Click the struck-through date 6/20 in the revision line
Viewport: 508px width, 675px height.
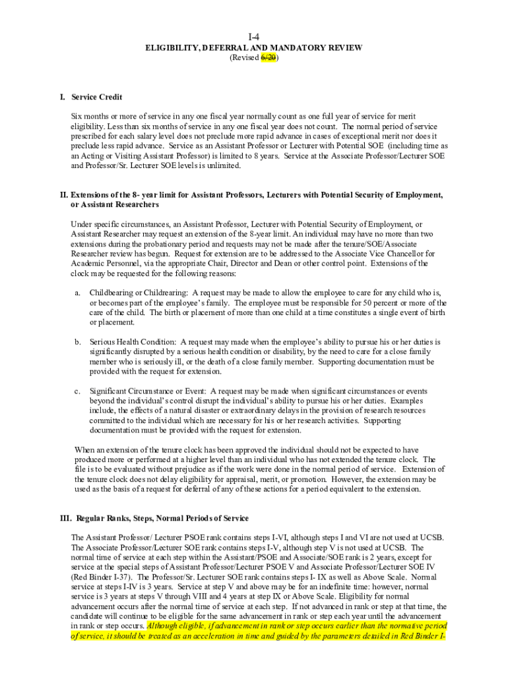pos(268,58)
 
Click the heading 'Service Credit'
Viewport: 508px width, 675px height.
pos(96,97)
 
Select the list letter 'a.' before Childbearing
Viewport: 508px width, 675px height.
pos(78,292)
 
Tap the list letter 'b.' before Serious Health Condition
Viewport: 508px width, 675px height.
pos(78,342)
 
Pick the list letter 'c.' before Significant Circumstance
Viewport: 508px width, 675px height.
pos(78,391)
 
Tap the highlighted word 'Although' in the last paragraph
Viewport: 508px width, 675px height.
pos(163,626)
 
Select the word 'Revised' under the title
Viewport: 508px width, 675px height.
pos(243,58)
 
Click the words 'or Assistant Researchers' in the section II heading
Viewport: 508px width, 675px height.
pos(115,205)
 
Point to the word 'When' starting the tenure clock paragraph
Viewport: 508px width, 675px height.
pos(85,450)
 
